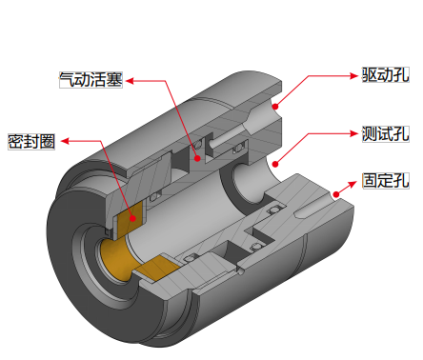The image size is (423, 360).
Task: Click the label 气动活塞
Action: pyautogui.click(x=91, y=80)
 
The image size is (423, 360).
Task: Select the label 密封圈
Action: pyautogui.click(x=31, y=141)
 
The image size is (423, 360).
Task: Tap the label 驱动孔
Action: pyautogui.click(x=386, y=75)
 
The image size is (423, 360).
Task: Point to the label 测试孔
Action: pyautogui.click(x=386, y=134)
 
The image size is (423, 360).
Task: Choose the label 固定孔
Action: pyautogui.click(x=386, y=181)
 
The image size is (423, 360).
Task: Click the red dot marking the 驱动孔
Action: pyautogui.click(x=275, y=107)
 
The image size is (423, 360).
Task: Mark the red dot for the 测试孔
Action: pyautogui.click(x=275, y=164)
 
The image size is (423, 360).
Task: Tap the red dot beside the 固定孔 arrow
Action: pyautogui.click(x=336, y=194)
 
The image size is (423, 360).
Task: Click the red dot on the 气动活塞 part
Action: pyautogui.click(x=197, y=158)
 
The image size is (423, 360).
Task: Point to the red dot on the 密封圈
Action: pyautogui.click(x=133, y=218)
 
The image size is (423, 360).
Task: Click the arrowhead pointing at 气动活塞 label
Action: pyautogui.click(x=130, y=81)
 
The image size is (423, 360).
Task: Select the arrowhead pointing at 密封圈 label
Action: pyautogui.click(x=65, y=141)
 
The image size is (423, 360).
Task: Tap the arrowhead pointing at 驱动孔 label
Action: pyautogui.click(x=353, y=76)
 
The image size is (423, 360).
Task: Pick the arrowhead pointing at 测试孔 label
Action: pyautogui.click(x=353, y=133)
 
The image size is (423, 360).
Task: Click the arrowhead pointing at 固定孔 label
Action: pyautogui.click(x=352, y=184)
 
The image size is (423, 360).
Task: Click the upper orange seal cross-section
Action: pyautogui.click(x=130, y=220)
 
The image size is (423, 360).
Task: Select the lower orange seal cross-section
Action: pyautogui.click(x=156, y=268)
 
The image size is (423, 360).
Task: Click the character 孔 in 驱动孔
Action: pyautogui.click(x=401, y=75)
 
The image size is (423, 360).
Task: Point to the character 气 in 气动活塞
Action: pyautogui.click(x=68, y=80)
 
